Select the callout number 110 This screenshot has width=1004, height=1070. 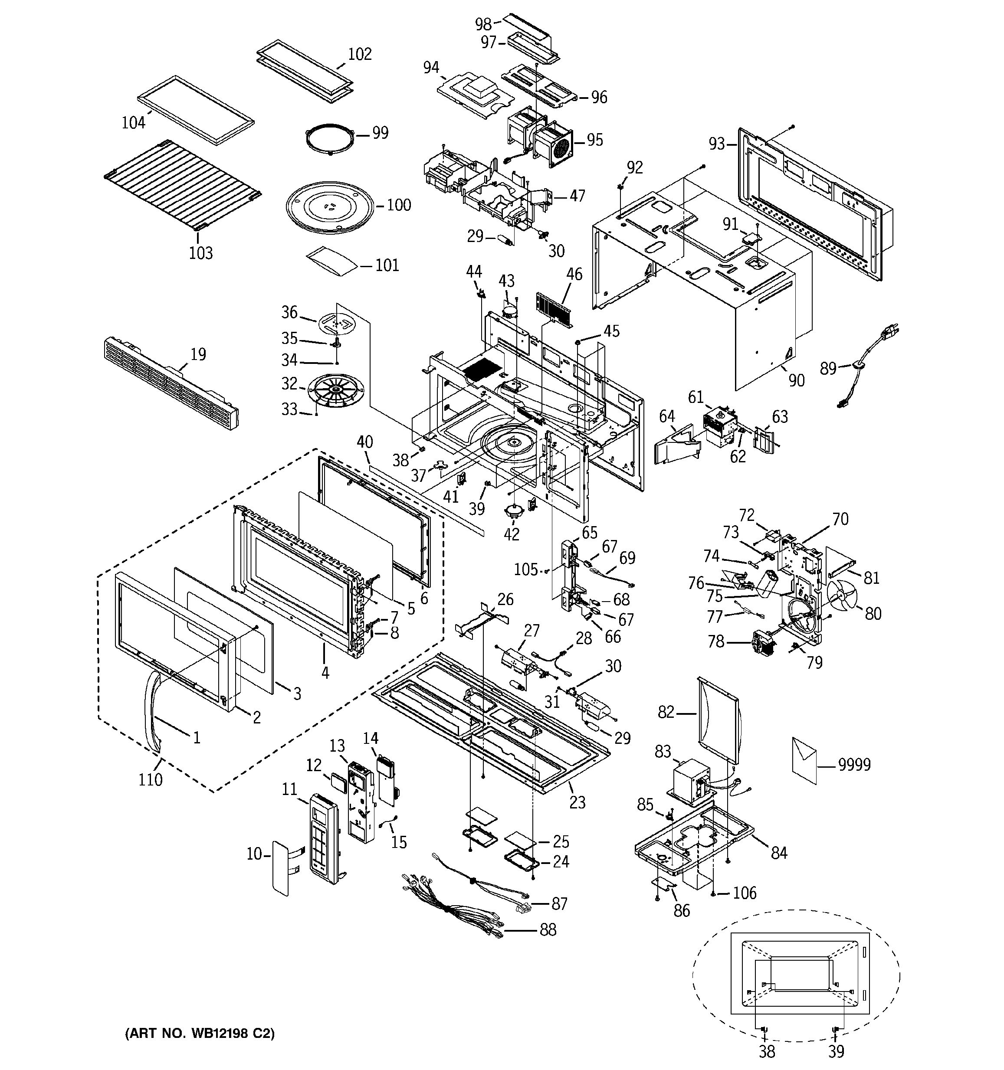[150, 779]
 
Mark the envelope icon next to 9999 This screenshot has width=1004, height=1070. [804, 760]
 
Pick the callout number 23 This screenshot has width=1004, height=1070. [577, 802]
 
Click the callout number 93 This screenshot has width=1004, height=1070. [716, 144]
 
